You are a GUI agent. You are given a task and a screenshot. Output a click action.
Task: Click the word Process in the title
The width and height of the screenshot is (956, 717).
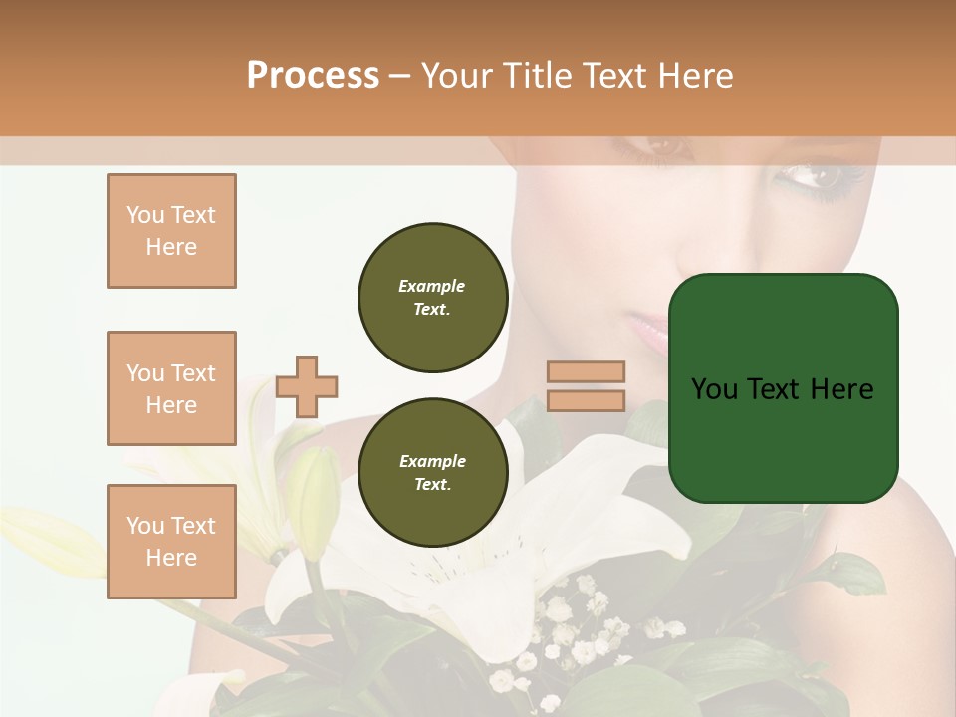[x=313, y=76]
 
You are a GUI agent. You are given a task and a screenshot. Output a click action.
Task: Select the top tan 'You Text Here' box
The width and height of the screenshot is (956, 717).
[x=171, y=231]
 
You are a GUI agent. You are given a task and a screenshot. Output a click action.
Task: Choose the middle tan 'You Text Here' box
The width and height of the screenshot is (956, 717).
[x=171, y=388]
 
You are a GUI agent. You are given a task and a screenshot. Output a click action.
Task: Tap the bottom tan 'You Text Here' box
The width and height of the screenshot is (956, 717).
[x=171, y=541]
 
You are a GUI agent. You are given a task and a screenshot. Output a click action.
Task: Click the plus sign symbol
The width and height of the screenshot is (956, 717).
[x=307, y=386]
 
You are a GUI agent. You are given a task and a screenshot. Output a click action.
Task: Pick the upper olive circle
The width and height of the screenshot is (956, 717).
[x=432, y=297]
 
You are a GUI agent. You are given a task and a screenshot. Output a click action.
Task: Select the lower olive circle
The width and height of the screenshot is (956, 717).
[x=432, y=472]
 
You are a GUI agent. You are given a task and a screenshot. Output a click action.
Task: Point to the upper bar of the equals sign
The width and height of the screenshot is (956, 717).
[x=586, y=371]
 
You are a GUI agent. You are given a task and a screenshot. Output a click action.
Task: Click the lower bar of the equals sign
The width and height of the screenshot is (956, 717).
[x=586, y=400]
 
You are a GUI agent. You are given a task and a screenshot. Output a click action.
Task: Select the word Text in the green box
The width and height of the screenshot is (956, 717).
[x=774, y=388]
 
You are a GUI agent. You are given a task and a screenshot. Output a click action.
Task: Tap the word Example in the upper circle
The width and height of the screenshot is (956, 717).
[x=432, y=286]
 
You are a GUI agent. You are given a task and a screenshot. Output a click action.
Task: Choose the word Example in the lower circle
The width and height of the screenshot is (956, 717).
[x=432, y=461]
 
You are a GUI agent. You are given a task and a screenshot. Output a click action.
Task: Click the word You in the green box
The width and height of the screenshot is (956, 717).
[x=713, y=388]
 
